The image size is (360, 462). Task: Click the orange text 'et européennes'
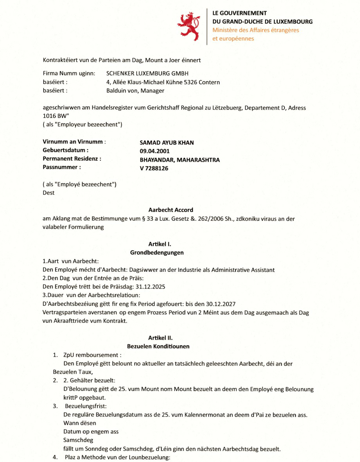[233, 38]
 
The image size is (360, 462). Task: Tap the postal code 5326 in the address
[188, 82]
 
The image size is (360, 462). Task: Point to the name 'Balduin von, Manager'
[135, 91]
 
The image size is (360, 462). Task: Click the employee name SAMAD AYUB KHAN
[167, 143]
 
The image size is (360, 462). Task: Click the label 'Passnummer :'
[62, 167]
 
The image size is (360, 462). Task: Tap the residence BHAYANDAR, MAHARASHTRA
[180, 160]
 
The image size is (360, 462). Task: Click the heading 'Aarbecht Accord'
[171, 210]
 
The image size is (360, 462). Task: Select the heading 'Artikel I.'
[160, 244]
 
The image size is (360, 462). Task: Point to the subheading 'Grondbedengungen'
[157, 253]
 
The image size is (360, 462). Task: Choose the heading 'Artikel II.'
[160, 337]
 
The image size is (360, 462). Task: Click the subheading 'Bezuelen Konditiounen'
[158, 346]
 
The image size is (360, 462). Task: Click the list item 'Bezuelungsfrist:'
[83, 406]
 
